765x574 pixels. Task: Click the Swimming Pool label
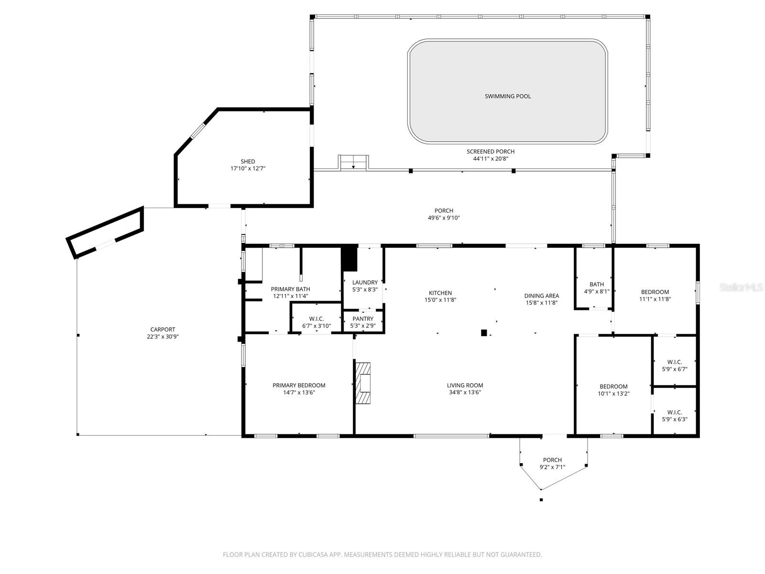pos(507,96)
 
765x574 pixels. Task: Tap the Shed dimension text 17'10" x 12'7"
pos(248,169)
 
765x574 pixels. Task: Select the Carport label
pos(163,330)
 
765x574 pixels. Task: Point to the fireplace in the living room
pos(363,383)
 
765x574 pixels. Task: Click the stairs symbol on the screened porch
pos(353,163)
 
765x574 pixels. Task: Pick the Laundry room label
pos(365,282)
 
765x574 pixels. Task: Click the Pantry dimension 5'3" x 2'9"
pos(363,326)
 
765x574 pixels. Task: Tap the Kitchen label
pos(440,293)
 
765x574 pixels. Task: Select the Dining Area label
pos(542,296)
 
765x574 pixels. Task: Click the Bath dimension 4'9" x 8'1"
pos(597,291)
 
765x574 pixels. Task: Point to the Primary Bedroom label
pos(299,385)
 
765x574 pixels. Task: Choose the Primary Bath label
pos(290,289)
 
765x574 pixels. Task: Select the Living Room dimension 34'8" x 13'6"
pos(465,392)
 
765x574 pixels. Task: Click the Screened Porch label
pos(491,152)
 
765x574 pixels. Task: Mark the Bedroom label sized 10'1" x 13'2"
pos(613,386)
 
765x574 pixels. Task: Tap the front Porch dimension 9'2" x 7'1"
pos(552,467)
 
